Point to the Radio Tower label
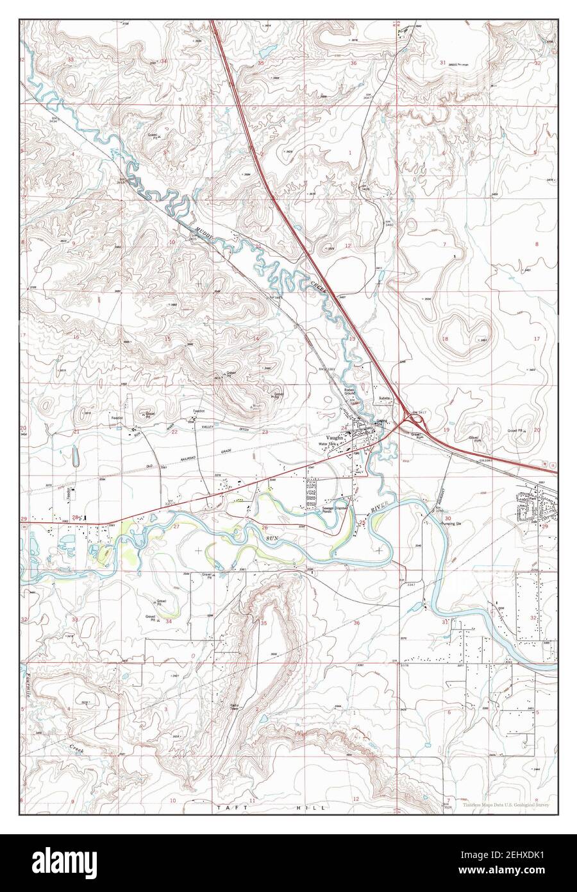[x=235, y=708]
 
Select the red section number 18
[x=444, y=338]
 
